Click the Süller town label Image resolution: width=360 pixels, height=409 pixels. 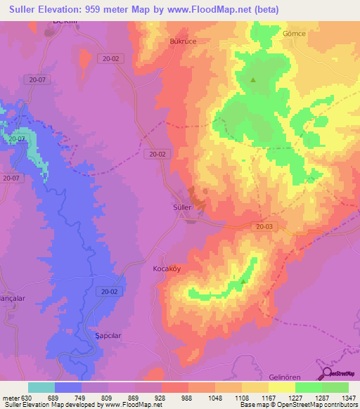(182, 207)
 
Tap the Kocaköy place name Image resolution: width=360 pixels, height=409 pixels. (167, 268)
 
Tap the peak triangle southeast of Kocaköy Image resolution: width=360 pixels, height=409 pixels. (243, 281)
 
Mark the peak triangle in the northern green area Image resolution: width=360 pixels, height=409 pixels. (253, 79)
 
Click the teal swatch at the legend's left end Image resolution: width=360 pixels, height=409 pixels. (41, 387)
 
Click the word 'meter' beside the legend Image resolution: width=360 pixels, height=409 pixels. (11, 397)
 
